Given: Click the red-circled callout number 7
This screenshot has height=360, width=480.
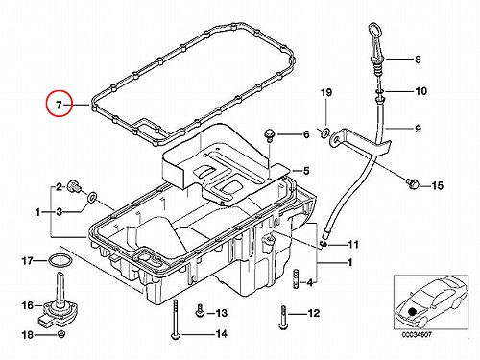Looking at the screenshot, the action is tap(59, 105).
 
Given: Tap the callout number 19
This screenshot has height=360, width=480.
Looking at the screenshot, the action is tap(326, 93).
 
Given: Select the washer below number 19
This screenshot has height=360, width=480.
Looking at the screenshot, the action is tap(325, 132).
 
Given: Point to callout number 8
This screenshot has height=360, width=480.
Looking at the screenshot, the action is tap(418, 60).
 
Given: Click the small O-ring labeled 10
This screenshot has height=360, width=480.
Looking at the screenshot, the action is tap(379, 92).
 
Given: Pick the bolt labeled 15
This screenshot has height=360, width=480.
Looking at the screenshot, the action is tap(412, 184).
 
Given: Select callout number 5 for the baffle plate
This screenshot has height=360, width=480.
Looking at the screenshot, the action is tap(306, 171).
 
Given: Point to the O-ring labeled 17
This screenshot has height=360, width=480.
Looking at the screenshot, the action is tap(60, 260).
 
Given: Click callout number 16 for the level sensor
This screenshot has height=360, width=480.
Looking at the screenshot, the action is tap(28, 305).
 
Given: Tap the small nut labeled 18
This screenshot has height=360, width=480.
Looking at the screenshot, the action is tap(61, 334).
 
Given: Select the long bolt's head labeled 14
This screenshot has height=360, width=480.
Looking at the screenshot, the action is tap(175, 336).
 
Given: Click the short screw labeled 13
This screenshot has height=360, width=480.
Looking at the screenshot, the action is tap(200, 311).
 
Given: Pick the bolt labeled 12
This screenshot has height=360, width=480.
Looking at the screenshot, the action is tap(283, 318).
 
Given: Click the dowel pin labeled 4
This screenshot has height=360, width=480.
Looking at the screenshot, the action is tap(297, 278).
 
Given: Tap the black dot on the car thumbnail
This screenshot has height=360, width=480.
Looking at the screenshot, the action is tap(412, 311).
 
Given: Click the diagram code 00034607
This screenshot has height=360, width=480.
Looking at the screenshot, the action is tap(417, 334).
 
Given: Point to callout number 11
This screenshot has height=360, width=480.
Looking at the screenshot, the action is tap(353, 245).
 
